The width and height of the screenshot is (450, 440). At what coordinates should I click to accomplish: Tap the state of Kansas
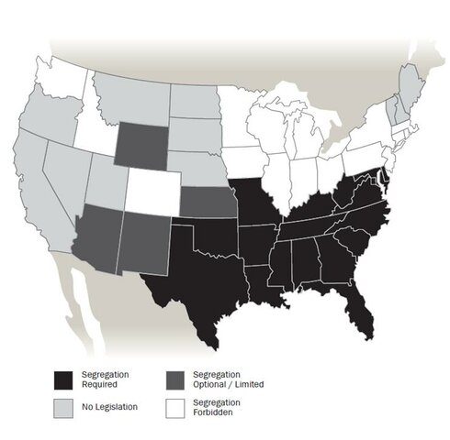[x=204, y=200]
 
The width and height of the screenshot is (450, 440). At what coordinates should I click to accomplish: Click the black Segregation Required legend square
[x=62, y=379]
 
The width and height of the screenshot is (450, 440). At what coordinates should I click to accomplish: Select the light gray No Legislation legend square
[x=62, y=405]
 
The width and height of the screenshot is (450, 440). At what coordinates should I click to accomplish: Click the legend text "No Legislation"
[x=109, y=405]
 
